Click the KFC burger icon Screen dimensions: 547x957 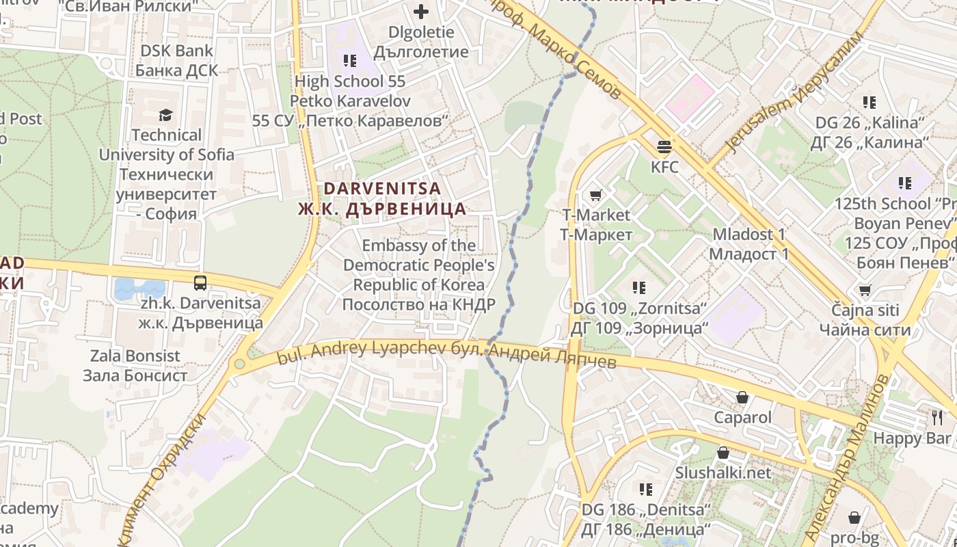664,146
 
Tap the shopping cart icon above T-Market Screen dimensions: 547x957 595,196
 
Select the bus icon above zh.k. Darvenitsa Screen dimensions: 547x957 200,282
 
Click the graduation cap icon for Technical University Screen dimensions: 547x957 166,115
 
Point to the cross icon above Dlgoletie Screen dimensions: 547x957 420,12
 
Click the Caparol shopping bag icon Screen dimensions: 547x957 742,397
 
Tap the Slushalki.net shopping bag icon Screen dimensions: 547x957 723,453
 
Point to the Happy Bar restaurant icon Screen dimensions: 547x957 936,417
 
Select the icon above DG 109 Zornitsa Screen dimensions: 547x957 638,288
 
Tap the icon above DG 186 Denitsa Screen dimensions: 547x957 645,489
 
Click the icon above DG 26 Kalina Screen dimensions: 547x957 869,103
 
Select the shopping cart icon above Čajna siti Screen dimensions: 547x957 865,290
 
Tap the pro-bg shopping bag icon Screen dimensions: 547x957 854,517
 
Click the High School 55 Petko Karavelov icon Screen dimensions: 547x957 350,61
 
